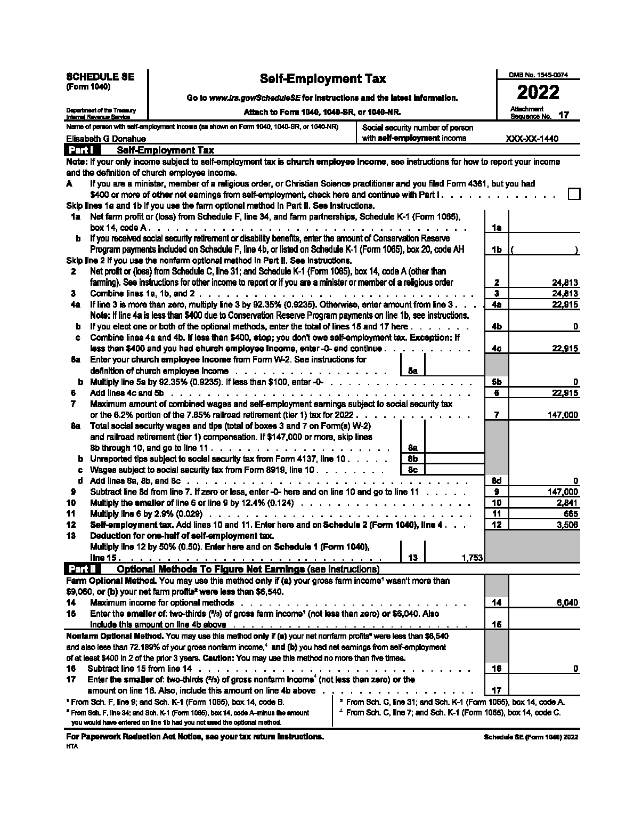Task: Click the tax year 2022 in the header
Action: pyautogui.click(x=538, y=93)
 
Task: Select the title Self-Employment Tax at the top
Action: pyautogui.click(x=322, y=79)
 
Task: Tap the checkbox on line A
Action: pyautogui.click(x=573, y=194)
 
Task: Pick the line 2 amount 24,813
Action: pyautogui.click(x=565, y=283)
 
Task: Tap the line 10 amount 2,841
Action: pyautogui.click(x=567, y=503)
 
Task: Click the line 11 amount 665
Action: pyautogui.click(x=571, y=514)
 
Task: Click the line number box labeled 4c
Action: pyautogui.click(x=497, y=349)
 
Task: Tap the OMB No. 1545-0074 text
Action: pyautogui.click(x=538, y=75)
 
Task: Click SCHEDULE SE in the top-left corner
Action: pyautogui.click(x=100, y=77)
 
